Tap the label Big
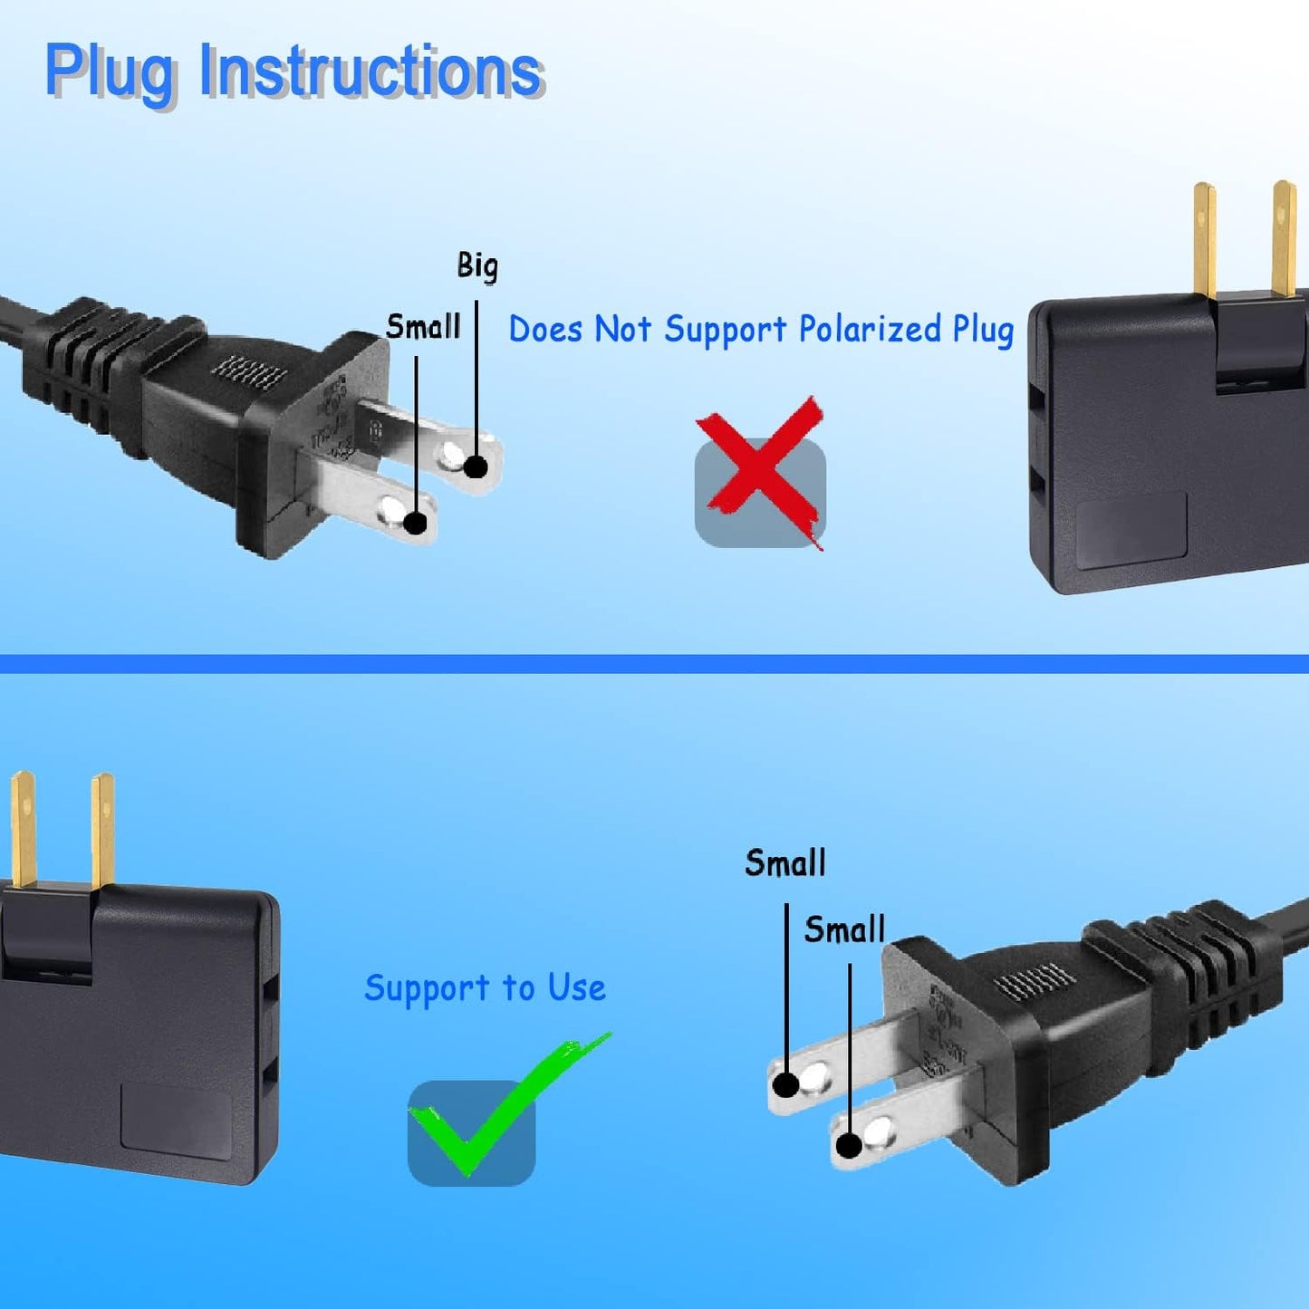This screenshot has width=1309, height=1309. point(477,266)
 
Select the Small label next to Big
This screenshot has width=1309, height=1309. point(423,326)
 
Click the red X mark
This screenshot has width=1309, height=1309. point(761,471)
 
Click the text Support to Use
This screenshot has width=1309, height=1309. point(485,987)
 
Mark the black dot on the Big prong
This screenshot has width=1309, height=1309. point(476,467)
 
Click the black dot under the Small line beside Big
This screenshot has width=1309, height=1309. point(416,523)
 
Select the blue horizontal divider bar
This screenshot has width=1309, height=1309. point(654,664)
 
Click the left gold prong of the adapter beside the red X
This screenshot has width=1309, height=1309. point(1204,240)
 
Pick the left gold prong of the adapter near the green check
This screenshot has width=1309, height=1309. point(23,829)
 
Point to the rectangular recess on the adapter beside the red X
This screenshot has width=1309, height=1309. point(1131,530)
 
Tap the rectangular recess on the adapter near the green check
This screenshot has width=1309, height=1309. point(176,1121)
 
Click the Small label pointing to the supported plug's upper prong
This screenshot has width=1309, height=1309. point(784,863)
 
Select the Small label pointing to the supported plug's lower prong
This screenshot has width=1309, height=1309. point(844,930)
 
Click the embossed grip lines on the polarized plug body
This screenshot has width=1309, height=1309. point(249,372)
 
